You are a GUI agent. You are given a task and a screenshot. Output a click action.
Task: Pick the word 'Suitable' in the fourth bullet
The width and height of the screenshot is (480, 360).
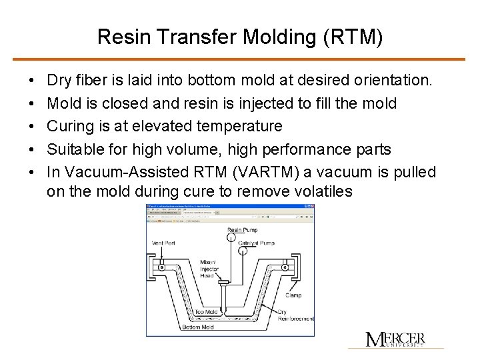[x=75, y=149]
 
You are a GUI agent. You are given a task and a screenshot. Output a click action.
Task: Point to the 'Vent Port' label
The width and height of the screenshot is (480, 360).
[x=164, y=243]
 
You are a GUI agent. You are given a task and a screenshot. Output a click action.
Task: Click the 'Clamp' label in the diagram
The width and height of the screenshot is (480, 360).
[x=293, y=295]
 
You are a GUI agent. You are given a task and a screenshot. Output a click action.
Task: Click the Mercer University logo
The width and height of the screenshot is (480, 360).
[x=395, y=339]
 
